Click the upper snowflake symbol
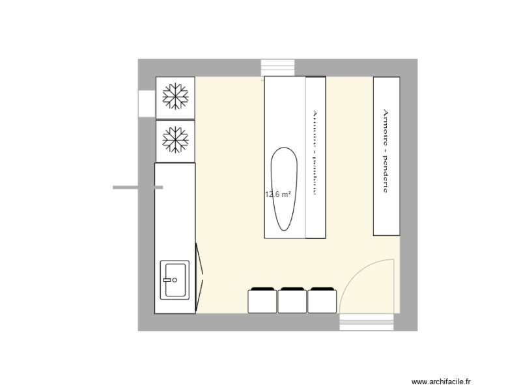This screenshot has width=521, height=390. point(175,97)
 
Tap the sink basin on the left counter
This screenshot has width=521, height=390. point(175,279)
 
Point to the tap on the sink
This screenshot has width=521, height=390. point(175,279)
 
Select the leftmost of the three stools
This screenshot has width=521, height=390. point(263,300)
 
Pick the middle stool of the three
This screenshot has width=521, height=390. point(292,300)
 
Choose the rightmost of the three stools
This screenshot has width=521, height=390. point(322,300)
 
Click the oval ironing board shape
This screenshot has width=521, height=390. point(284,188)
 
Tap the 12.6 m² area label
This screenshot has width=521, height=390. point(277,194)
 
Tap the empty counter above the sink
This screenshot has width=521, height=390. point(175,208)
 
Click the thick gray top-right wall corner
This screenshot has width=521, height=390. point(409,67)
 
